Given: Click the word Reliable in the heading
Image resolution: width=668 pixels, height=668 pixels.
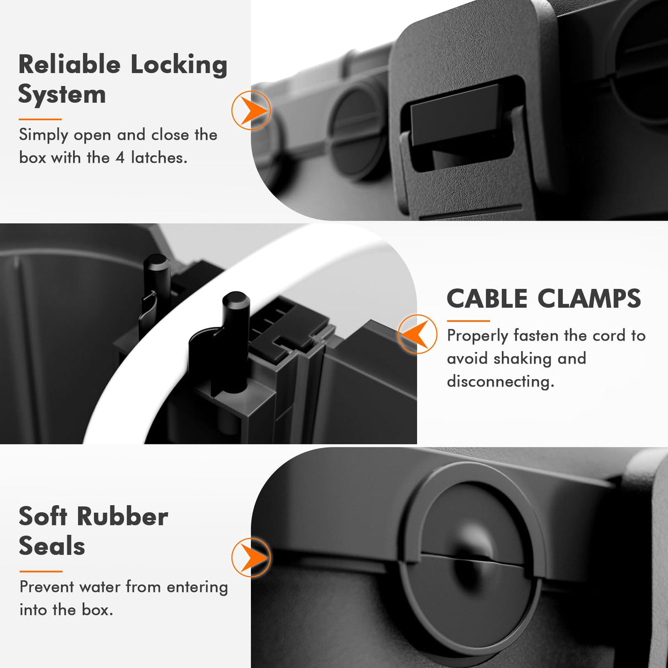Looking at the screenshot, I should (69, 64).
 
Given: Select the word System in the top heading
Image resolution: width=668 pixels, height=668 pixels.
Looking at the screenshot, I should (62, 95).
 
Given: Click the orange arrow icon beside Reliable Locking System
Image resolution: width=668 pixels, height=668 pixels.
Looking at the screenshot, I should (251, 111).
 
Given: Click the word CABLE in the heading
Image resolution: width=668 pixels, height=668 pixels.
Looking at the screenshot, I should (487, 299).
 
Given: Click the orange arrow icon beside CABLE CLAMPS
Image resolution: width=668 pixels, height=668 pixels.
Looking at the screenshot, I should (417, 334).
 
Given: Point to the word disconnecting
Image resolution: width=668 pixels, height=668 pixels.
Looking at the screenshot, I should (500, 381).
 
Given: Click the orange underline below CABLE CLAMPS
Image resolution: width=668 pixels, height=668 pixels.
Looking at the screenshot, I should (468, 321).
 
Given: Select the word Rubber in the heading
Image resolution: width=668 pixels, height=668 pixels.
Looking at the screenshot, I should (122, 517).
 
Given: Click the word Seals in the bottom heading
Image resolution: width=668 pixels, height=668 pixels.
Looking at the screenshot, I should (52, 546).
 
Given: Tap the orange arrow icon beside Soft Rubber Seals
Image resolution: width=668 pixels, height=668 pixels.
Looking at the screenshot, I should (251, 557).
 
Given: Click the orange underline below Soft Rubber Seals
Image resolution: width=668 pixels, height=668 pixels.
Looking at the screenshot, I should (41, 571).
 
